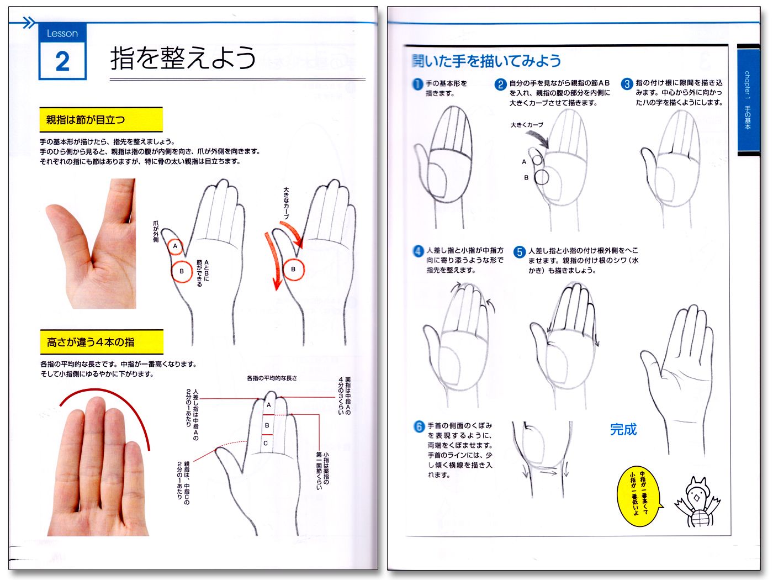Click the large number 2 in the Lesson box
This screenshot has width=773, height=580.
click(x=62, y=61)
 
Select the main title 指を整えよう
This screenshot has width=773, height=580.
click(x=183, y=58)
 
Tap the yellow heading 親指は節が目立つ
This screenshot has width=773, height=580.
click(x=101, y=119)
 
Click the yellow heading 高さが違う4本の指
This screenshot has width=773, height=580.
click(x=101, y=342)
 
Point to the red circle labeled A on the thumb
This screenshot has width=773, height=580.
click(x=176, y=246)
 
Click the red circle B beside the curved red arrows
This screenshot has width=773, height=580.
click(x=293, y=270)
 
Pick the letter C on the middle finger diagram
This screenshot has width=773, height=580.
click(x=266, y=443)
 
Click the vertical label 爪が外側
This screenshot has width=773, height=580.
click(x=156, y=231)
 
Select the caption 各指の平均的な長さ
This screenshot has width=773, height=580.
click(x=272, y=378)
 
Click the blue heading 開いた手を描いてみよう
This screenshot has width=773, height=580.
click(x=486, y=61)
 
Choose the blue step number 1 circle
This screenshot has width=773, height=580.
click(x=417, y=84)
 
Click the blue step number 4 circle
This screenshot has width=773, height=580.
click(x=418, y=251)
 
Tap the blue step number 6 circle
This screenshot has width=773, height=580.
click(x=419, y=426)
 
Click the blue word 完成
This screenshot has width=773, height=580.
click(x=623, y=429)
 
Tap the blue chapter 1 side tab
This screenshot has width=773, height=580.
click(x=748, y=99)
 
